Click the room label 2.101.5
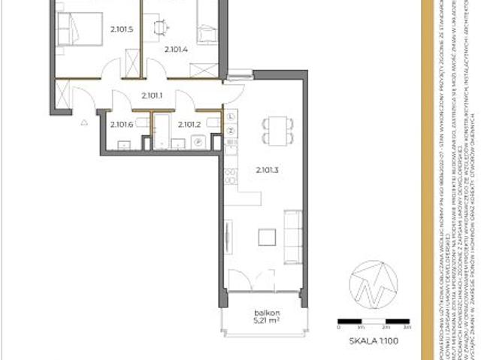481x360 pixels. [x=120, y=30]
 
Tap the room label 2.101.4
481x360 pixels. [x=176, y=49]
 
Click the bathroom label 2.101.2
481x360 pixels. [x=189, y=125]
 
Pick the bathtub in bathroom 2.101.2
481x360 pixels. [x=162, y=132]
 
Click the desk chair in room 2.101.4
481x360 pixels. [x=160, y=27]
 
